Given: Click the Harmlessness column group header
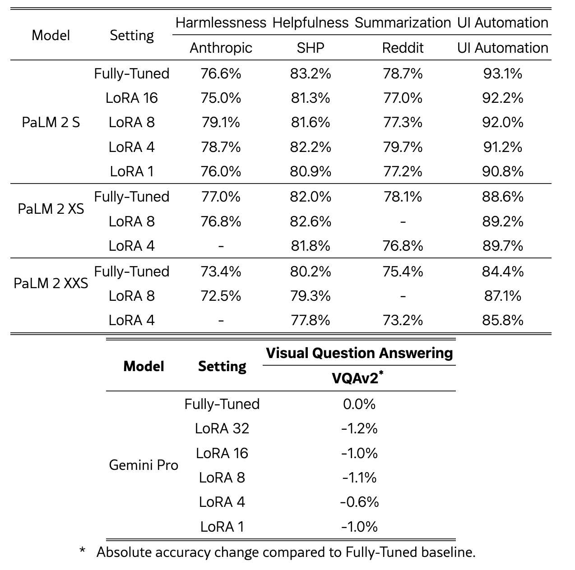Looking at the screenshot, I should coord(221,23).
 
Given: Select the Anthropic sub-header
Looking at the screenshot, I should coord(221,48).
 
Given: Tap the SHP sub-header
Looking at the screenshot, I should coord(311,48).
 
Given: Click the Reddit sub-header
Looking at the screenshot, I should coord(403,48).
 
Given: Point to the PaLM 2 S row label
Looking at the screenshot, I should coord(51,122).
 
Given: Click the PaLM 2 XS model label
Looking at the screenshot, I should coord(51,209).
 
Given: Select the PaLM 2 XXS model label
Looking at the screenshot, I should coord(51,283).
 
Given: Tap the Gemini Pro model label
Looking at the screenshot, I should coord(144,465).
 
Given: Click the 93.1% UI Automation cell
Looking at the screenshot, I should coord(503,74).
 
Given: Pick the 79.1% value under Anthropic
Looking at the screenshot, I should coord(221,122).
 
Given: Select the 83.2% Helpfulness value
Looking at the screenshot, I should coord(311,74).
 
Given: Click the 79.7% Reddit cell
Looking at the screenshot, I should coord(403,147).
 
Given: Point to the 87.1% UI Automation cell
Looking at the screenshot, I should coord(503,296).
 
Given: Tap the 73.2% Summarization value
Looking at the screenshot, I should coord(403,320).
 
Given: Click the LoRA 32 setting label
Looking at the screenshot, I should coord(222,428).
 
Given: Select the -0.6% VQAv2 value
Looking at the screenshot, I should coord(359,502).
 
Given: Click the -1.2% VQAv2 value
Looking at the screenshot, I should coord(359,428).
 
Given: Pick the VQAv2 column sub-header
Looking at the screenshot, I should coord(357,378).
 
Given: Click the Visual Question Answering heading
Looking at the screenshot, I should coord(359,353).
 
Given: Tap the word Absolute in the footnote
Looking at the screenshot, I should coord(123,552).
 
